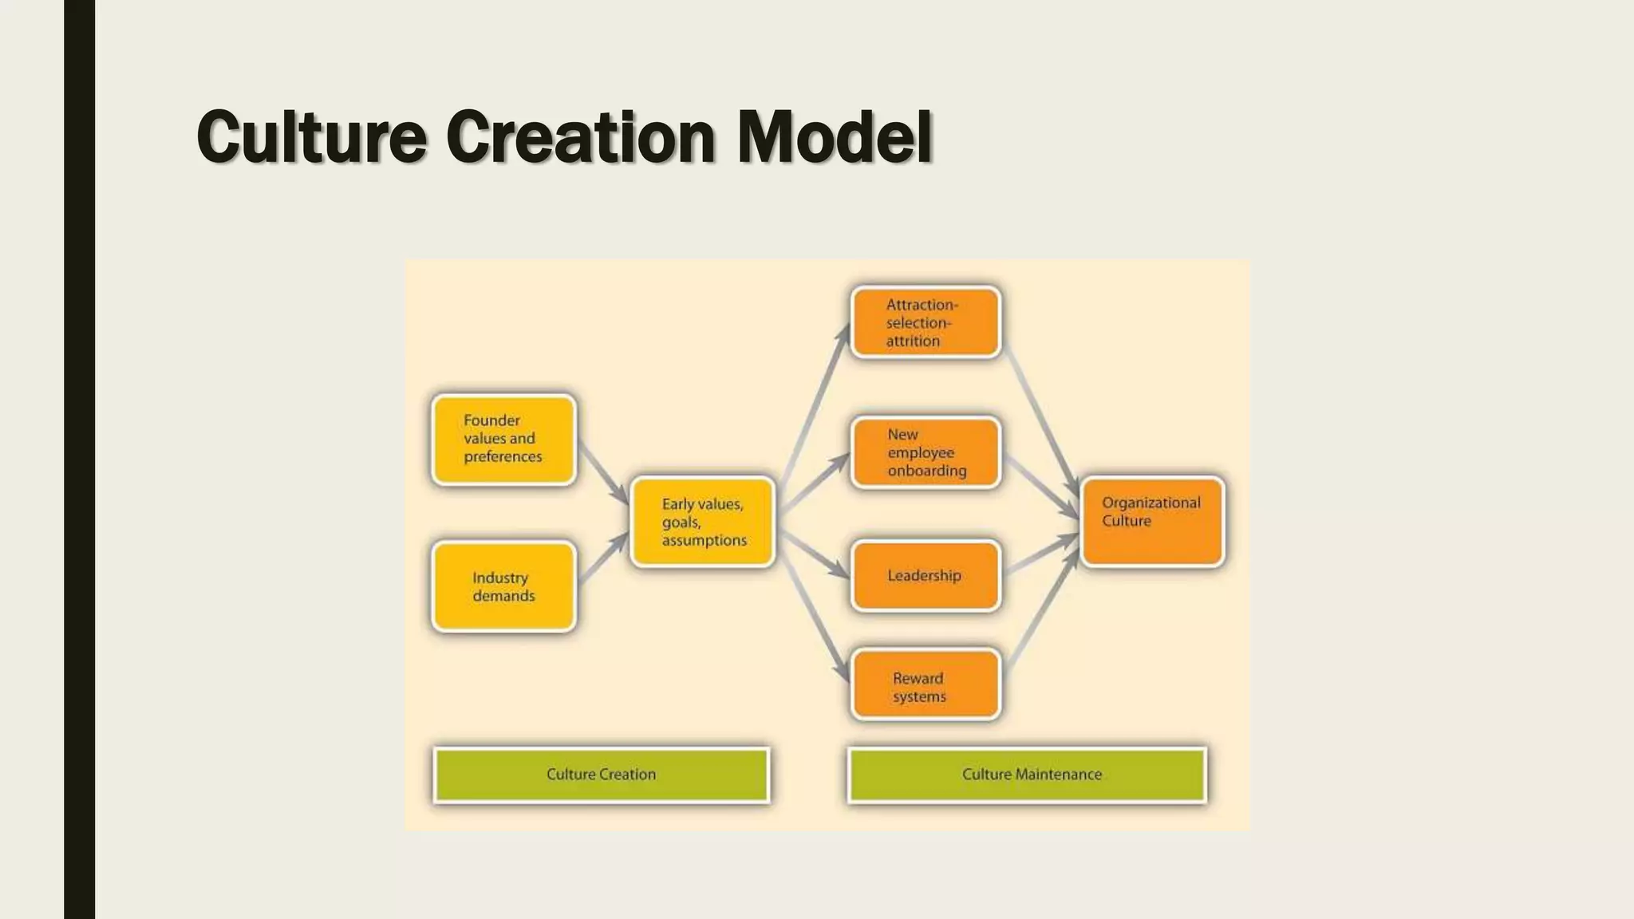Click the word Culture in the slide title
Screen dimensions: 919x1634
(x=311, y=137)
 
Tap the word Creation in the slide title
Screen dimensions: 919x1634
(x=580, y=137)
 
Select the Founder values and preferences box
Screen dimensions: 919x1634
(x=503, y=440)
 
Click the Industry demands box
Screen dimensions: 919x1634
(x=503, y=587)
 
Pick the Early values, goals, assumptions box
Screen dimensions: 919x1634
(x=702, y=522)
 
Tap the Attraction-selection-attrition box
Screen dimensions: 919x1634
(x=925, y=322)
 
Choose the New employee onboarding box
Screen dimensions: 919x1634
(x=925, y=452)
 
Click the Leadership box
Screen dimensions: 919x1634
(x=925, y=576)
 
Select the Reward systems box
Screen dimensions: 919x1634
(x=925, y=685)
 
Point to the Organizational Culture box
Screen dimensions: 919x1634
(x=1152, y=522)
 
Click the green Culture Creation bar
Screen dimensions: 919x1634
(x=602, y=775)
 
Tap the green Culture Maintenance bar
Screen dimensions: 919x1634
(x=1028, y=775)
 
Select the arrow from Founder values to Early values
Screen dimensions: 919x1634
(x=602, y=474)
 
